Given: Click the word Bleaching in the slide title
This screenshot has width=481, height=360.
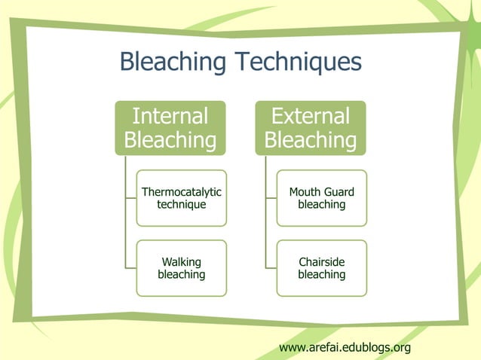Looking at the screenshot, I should (173, 62).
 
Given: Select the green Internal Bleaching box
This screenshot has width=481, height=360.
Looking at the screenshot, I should (170, 128).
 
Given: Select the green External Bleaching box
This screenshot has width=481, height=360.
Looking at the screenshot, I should (310, 128).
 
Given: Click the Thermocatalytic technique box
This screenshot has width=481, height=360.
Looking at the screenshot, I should (181, 198).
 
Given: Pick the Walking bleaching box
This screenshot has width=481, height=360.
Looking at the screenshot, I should (181, 268).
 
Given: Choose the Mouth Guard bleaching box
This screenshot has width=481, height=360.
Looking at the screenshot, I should (321, 198).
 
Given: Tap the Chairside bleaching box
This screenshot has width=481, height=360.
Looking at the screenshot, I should (321, 268).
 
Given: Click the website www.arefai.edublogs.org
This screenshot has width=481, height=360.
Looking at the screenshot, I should (345, 347).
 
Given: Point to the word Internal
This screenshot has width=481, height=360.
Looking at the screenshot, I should (170, 116).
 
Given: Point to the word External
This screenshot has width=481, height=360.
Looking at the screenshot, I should (310, 116).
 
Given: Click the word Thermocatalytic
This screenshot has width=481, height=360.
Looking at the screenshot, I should (181, 192).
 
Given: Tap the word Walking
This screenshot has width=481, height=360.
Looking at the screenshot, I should (181, 262).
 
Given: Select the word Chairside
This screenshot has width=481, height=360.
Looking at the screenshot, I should (321, 262).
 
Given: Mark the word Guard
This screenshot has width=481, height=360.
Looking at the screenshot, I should (339, 192).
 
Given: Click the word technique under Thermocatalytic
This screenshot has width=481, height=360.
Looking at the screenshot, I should (181, 204).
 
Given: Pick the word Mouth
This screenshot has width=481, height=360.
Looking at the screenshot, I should (305, 192).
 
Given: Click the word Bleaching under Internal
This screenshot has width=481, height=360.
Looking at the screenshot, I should (170, 140).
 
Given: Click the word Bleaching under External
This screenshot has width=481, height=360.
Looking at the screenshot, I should (310, 140).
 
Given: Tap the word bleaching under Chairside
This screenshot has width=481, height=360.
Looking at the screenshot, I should (321, 274).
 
